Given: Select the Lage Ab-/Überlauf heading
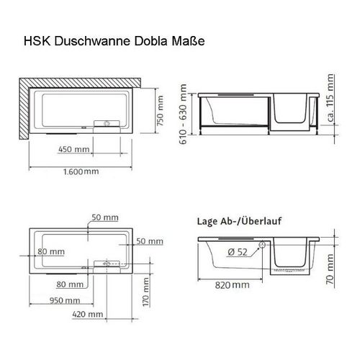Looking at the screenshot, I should point(238,222).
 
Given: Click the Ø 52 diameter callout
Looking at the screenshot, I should point(237,252).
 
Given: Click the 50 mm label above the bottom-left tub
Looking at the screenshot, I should point(106,217).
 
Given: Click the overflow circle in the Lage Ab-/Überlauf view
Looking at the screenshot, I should point(261,243).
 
